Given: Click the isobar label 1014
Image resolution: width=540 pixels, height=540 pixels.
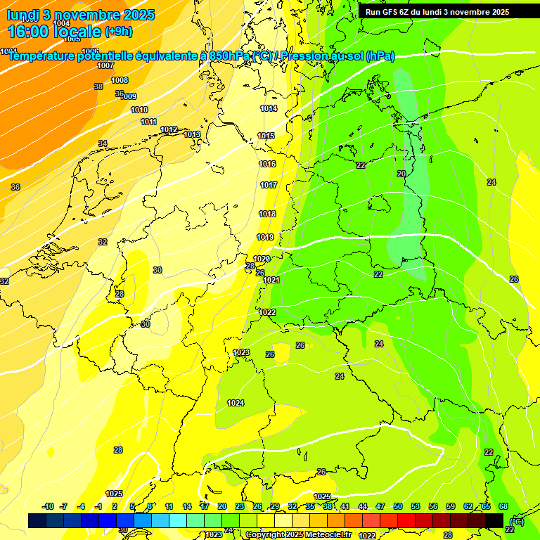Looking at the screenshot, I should pos(269,108).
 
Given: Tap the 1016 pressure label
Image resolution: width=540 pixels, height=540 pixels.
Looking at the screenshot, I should pos(267,164).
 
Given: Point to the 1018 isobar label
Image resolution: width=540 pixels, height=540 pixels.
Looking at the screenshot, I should pos(267,214).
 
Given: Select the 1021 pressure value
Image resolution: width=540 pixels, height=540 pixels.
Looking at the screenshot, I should pos(271,280).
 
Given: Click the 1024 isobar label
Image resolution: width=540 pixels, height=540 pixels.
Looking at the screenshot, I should pos(236,403).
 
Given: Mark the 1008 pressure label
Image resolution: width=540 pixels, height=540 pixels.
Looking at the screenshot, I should pos(120,80).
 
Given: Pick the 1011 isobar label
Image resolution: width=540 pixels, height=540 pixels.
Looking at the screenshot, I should pos(148,122).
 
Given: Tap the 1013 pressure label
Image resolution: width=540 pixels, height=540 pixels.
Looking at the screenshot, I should pos(192,134).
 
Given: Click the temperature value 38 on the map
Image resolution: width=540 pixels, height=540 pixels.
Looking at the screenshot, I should pos(98,86).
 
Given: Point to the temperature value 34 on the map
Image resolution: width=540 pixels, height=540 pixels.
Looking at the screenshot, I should pos(103,143).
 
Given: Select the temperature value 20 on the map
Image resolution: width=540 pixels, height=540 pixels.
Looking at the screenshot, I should pos(401,174).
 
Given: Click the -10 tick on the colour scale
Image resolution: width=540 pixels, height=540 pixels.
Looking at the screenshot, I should pos(48,506).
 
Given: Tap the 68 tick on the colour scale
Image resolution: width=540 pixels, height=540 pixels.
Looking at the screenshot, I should pos(503,506).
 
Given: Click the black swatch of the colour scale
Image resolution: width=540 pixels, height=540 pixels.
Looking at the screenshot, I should pos(494,520).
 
